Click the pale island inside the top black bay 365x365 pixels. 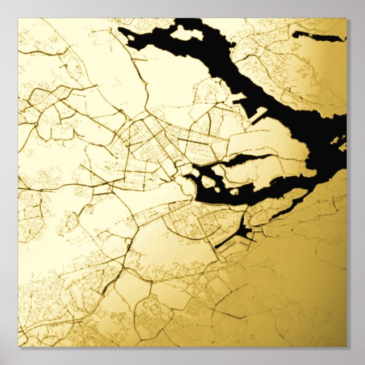[x=186, y=32]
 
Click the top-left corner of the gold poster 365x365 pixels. [x=18, y=19]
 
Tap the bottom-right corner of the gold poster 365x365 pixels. [x=346, y=346]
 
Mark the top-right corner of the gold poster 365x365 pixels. [x=346, y=19]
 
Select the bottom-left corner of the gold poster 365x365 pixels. [x=18, y=346]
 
